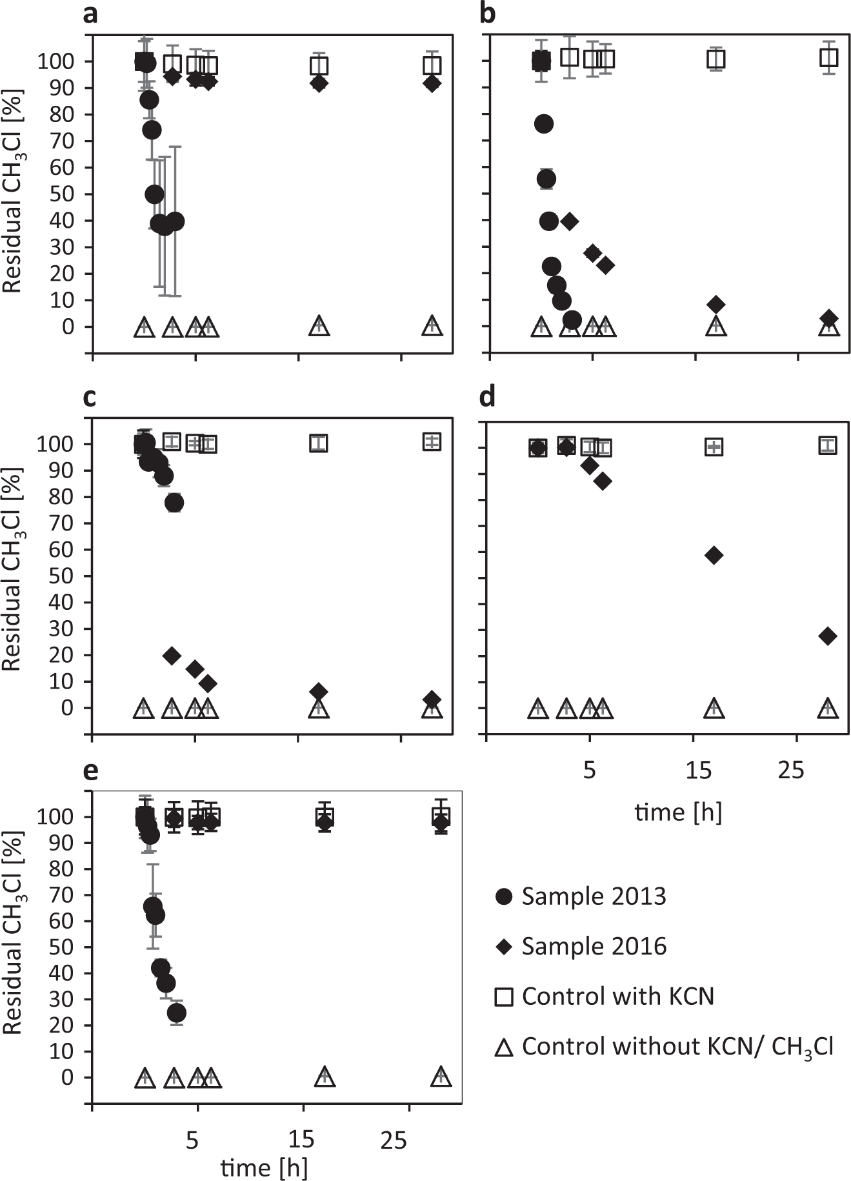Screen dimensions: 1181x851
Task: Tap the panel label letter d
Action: coord(487,397)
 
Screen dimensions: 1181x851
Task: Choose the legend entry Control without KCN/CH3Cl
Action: coord(665,1047)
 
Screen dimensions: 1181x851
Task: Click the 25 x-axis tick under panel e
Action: coord(394,1141)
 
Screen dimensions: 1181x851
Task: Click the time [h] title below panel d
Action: coord(677,811)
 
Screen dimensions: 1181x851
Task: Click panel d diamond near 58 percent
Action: coord(714,555)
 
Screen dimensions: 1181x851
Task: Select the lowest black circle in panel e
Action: coord(177,1013)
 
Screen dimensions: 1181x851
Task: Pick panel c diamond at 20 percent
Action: coord(172,656)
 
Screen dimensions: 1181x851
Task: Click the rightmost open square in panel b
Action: coord(828,58)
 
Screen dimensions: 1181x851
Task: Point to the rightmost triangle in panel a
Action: coord(432,327)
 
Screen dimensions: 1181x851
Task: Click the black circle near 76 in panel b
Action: coord(544,124)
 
